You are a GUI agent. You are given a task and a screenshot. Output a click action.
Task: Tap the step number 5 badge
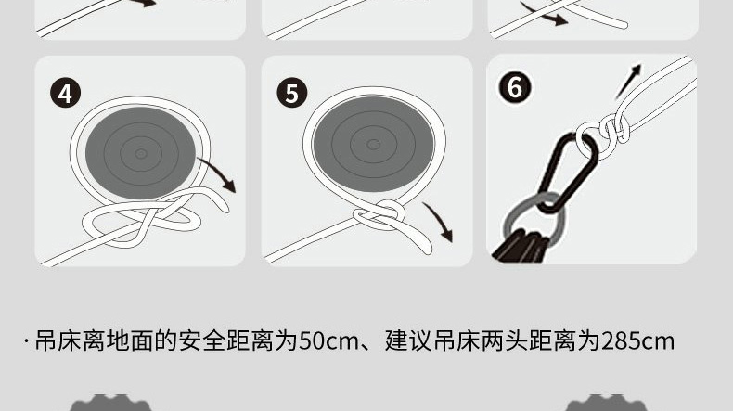coord(292,93)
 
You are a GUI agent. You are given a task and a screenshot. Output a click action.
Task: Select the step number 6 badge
coord(515,87)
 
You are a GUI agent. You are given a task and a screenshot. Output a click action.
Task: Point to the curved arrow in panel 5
coord(441,220)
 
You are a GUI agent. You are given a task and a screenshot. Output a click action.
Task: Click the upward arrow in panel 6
coord(628,82)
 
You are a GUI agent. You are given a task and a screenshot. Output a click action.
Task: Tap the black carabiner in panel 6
coord(568,173)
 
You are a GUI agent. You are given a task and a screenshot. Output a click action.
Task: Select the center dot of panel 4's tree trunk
coord(141,153)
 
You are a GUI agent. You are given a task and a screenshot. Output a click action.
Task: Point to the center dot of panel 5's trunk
coord(373,145)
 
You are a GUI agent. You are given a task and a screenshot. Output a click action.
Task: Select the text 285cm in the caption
coord(637,340)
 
